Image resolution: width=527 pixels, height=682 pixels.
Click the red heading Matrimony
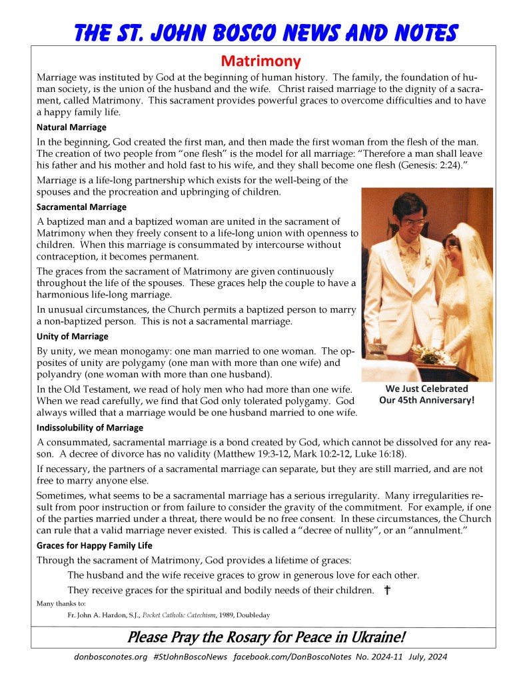(261, 62)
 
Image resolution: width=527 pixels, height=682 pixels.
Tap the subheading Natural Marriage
(71, 127)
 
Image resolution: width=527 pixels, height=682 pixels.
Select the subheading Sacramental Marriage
(81, 207)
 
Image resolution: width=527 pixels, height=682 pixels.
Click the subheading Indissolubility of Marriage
(90, 427)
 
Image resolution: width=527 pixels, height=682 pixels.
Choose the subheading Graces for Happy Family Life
(95, 545)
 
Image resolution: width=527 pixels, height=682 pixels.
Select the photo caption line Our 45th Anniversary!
(426, 401)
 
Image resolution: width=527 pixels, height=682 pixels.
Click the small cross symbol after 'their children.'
(387, 591)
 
